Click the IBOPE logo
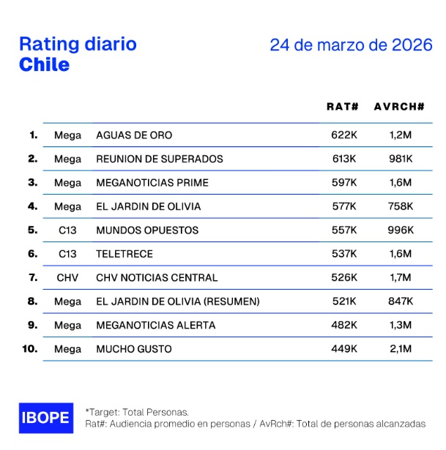(x=46, y=418)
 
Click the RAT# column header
(x=342, y=107)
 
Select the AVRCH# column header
(x=399, y=107)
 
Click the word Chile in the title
(x=44, y=64)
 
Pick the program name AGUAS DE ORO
(x=134, y=135)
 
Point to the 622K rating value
(x=343, y=135)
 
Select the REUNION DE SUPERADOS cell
(x=159, y=159)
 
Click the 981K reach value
(x=400, y=159)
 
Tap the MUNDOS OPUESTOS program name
(x=147, y=230)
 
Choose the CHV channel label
(x=67, y=277)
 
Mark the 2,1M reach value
(x=400, y=349)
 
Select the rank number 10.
(x=29, y=349)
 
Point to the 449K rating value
(x=343, y=349)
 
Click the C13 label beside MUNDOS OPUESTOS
(x=67, y=230)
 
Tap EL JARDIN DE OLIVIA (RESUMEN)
(x=177, y=301)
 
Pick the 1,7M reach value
(x=400, y=277)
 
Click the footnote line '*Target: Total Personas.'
(x=137, y=412)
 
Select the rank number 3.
(x=32, y=182)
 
